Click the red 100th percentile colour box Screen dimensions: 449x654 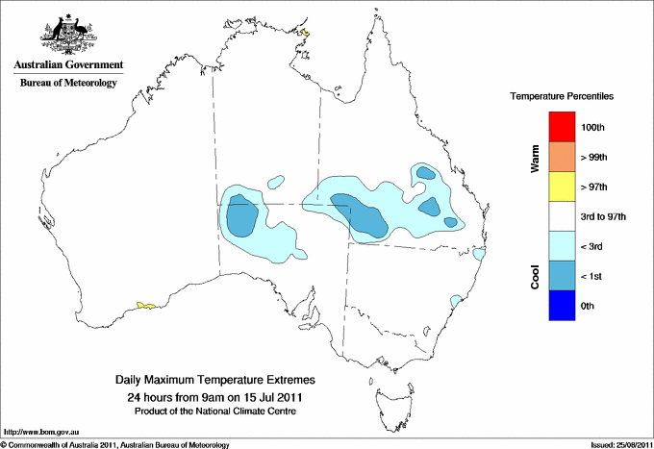(x=560, y=126)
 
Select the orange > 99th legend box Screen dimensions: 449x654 (x=560, y=156)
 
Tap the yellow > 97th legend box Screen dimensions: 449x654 (x=560, y=186)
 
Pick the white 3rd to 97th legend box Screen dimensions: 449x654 (x=560, y=215)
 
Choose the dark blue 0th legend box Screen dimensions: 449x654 (x=560, y=305)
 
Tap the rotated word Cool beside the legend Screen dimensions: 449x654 (x=535, y=276)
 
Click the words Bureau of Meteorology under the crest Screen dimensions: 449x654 (x=68, y=84)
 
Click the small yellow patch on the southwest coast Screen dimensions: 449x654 (x=146, y=306)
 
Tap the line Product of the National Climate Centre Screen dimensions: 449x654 (x=214, y=412)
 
